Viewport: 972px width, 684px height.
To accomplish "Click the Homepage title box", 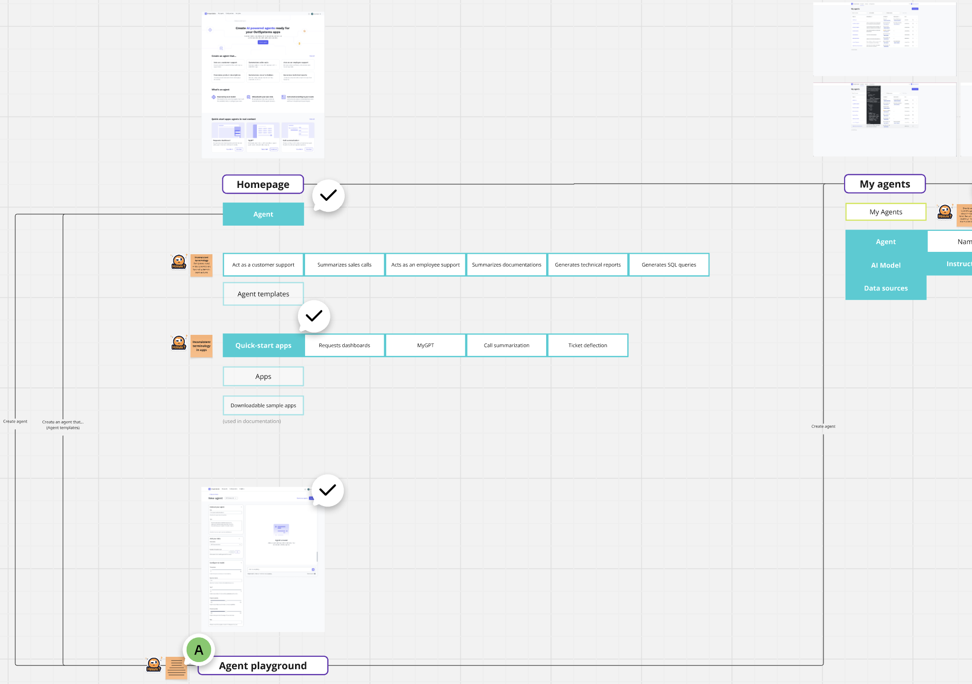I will [263, 185].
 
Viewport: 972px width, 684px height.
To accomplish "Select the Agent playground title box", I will [263, 665].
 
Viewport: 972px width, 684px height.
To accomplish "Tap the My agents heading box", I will [885, 184].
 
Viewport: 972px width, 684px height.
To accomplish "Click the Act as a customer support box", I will [263, 265].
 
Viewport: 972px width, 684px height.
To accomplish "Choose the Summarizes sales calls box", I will [344, 265].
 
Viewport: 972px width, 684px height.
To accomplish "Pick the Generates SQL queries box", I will [668, 265].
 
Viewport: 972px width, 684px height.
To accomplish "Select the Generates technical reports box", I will [588, 265].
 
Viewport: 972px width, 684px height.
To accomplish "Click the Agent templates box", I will [263, 294].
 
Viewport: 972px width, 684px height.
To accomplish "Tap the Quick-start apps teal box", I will [263, 345].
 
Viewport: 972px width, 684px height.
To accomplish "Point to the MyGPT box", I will [425, 345].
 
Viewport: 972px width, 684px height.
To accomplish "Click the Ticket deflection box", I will [588, 345].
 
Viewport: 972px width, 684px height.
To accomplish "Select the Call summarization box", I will [507, 345].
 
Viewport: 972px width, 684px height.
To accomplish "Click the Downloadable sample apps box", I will [263, 405].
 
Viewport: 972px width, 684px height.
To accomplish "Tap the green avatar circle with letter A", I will [199, 650].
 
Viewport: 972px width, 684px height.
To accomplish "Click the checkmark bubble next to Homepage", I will [328, 196].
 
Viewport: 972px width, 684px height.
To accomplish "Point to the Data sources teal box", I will [886, 288].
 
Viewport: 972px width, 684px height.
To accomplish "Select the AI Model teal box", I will [886, 265].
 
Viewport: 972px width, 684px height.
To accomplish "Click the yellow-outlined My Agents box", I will [886, 212].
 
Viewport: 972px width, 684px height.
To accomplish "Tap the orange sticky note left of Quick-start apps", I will [201, 346].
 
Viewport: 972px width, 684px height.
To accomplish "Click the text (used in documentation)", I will [252, 421].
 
